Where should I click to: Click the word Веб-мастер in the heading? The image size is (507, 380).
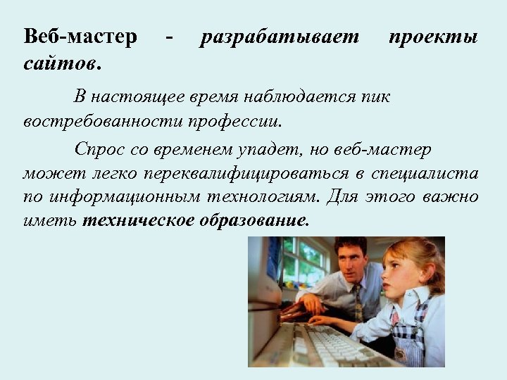point(80,37)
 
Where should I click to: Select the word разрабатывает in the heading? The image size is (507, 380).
point(280,37)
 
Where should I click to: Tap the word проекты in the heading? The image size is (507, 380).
point(433,37)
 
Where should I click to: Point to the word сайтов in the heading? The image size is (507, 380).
point(61,65)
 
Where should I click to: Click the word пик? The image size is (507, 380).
point(375,96)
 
